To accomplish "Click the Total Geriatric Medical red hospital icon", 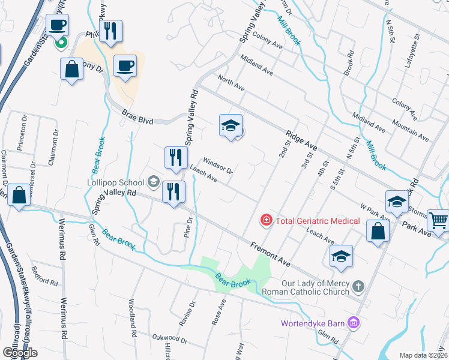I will (265, 221).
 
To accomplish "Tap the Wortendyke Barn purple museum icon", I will (354, 324).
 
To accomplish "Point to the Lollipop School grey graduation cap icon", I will (153, 182).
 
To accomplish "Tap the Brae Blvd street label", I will (137, 117).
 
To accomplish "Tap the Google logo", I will (20, 352).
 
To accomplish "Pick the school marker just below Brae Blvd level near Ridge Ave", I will (231, 126).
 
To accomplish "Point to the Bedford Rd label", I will (45, 276).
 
